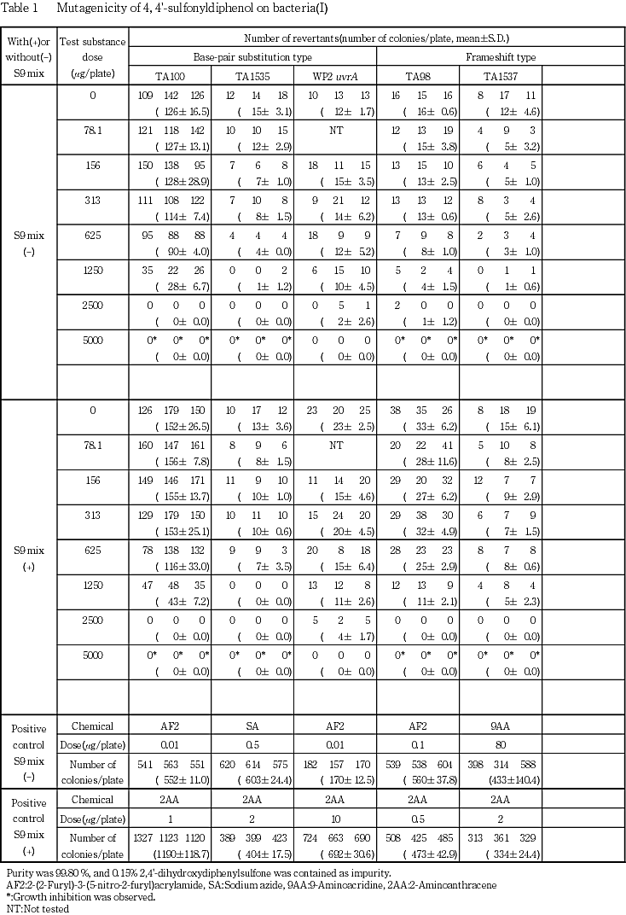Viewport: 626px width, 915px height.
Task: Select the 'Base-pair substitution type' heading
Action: tap(253, 57)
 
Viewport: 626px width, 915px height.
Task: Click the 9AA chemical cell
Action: tap(500, 726)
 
